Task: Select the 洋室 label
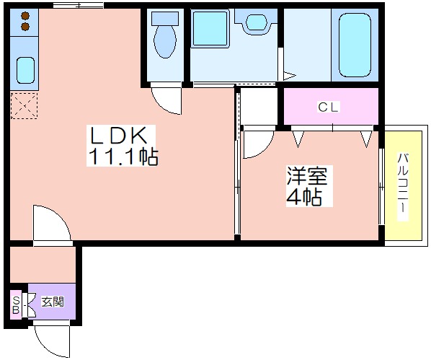tap(307, 176)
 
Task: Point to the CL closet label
tap(328, 107)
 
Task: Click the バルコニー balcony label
tap(403, 187)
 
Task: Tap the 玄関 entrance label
tap(53, 302)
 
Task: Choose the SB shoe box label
tap(16, 304)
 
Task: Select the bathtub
tap(355, 45)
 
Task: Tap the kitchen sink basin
tap(25, 70)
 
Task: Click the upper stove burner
tap(25, 17)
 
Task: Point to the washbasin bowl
tap(256, 22)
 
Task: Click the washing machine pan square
tap(210, 29)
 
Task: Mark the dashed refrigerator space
tap(24, 106)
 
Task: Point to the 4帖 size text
tap(304, 197)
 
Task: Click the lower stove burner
tap(25, 27)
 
